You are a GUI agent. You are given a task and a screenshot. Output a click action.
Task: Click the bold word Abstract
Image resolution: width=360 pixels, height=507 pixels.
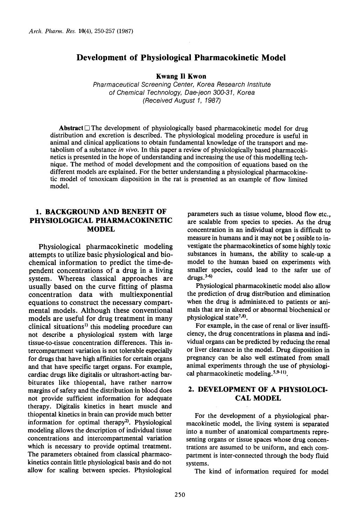pyautogui.click(x=71, y=128)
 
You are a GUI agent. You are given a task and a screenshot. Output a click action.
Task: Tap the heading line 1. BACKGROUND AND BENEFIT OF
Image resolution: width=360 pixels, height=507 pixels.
pyautogui.click(x=101, y=212)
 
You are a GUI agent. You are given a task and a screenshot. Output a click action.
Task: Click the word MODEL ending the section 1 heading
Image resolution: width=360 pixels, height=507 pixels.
pyautogui.click(x=101, y=229)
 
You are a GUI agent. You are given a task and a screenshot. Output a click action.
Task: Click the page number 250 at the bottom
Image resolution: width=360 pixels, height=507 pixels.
pyautogui.click(x=179, y=494)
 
